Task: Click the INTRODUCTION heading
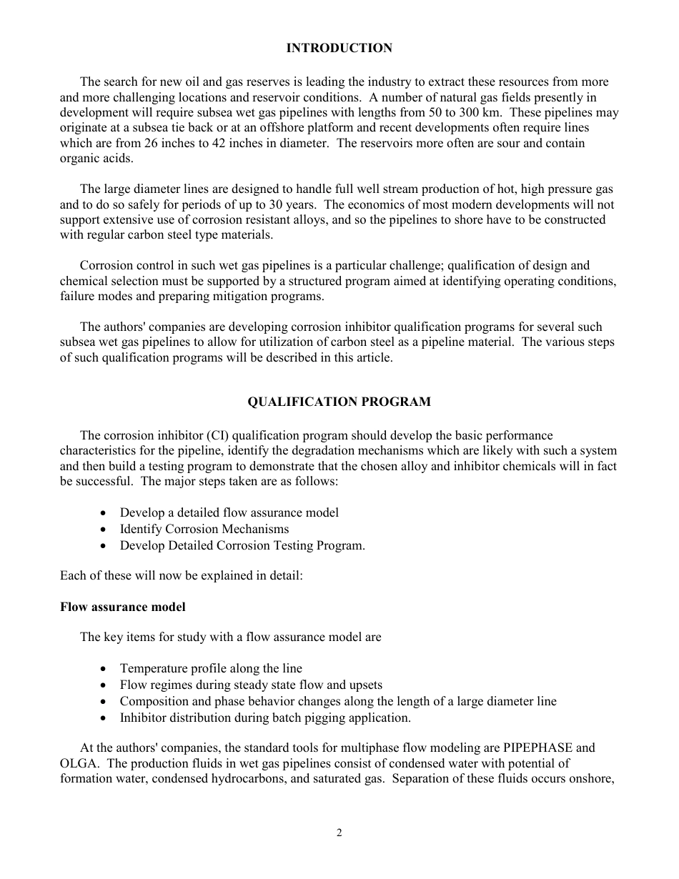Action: (339, 48)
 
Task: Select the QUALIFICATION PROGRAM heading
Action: (339, 402)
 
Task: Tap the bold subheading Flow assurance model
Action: (122, 607)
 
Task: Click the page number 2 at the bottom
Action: (339, 833)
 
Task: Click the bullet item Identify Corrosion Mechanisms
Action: (204, 529)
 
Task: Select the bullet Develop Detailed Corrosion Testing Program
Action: (242, 545)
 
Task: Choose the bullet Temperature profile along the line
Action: (211, 668)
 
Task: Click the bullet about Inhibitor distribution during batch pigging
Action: (265, 717)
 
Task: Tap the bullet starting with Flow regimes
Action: (251, 685)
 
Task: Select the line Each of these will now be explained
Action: (181, 575)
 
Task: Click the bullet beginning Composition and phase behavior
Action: (338, 701)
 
